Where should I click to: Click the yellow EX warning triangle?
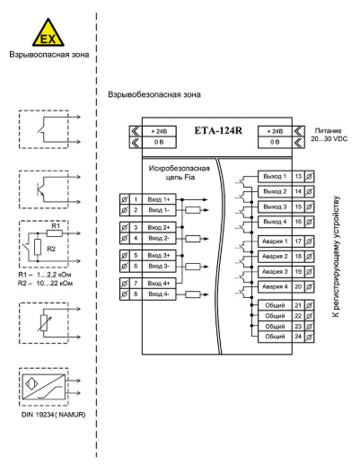[x=48, y=33]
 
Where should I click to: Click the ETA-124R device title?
[x=218, y=131]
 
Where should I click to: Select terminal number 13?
[x=298, y=176]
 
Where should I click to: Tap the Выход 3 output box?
[x=275, y=206]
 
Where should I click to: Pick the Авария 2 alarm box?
[x=275, y=257]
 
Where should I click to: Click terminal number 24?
[x=298, y=337]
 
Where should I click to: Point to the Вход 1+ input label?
[x=159, y=199]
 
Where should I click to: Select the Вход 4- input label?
[x=159, y=294]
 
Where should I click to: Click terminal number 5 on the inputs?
[x=136, y=256]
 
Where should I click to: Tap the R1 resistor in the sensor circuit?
[x=55, y=233]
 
